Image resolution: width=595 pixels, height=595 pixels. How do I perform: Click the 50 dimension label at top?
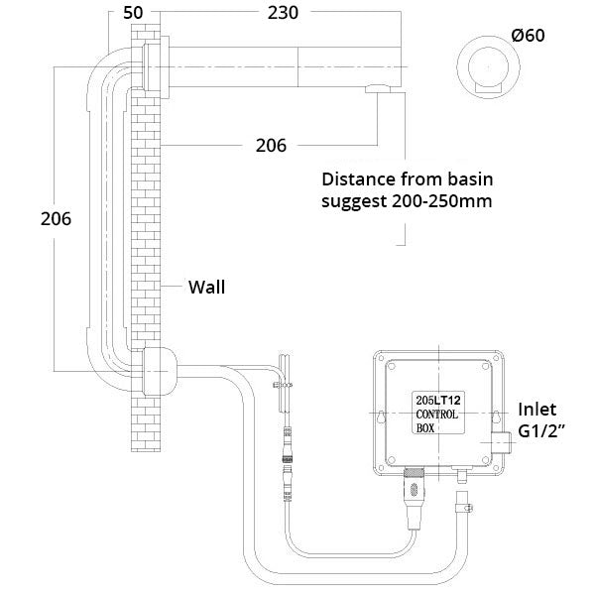[133, 14]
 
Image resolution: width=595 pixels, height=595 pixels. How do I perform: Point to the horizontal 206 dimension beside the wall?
[271, 145]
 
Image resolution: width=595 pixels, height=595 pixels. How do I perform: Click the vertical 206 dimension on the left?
[56, 219]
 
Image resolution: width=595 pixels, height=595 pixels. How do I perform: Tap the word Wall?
[207, 289]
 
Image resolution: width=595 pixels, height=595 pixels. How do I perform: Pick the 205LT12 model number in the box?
[435, 399]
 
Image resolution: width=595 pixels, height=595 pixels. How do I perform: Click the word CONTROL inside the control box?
[435, 415]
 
